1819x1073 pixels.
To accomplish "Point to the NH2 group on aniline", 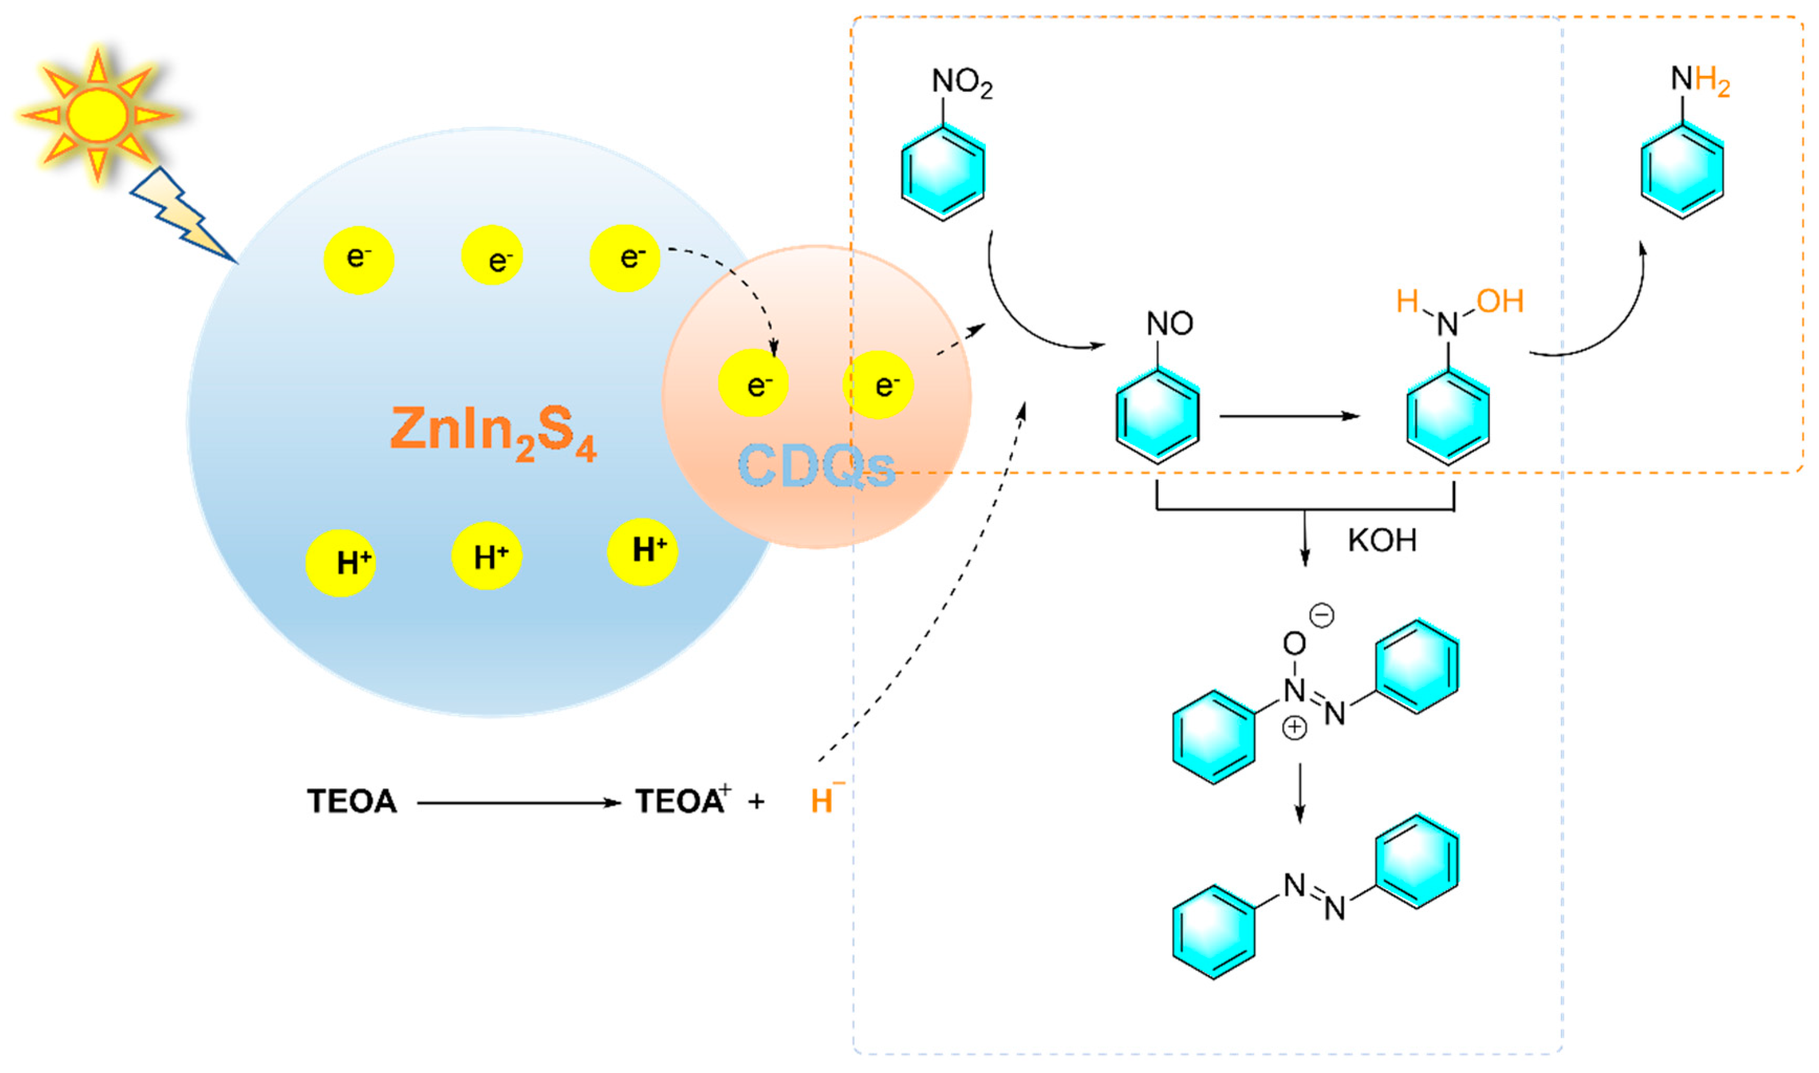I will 1700,81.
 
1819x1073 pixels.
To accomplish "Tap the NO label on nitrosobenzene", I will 1170,323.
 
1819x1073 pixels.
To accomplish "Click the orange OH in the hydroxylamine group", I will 1499,301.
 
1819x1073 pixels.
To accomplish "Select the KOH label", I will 1381,541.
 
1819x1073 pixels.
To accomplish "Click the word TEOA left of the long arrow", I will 352,801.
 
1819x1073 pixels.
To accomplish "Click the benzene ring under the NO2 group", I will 942,173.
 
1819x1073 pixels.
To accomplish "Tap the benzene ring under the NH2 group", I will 1682,172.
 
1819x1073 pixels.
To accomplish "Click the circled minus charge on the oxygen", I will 1322,616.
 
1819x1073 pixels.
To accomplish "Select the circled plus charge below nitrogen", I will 1294,727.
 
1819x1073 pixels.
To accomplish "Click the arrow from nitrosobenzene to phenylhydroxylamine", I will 1288,417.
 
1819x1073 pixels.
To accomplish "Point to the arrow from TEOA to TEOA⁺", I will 518,803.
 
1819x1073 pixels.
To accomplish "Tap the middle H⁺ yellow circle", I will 487,556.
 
